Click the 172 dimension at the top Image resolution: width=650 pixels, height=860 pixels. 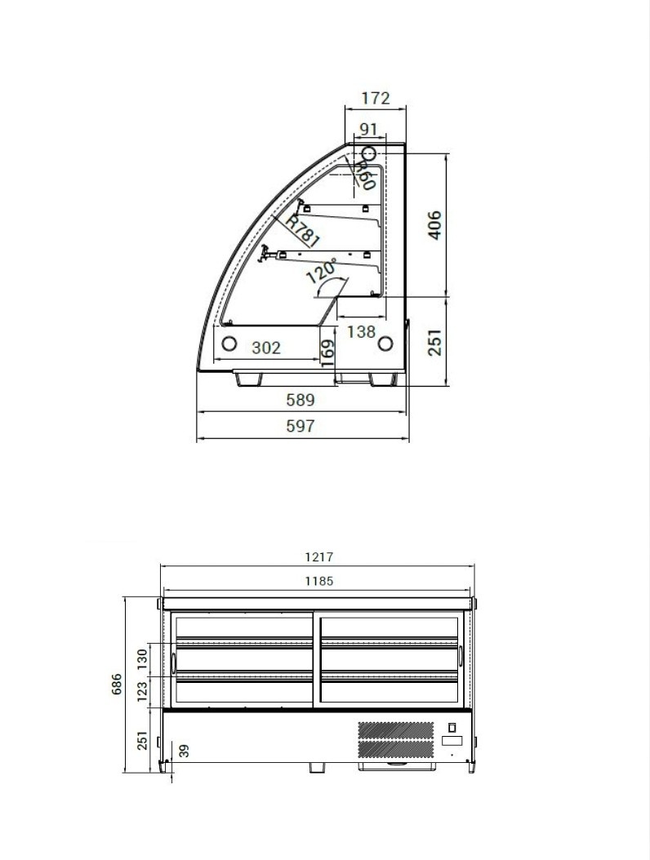376,98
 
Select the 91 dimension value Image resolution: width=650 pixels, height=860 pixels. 368,130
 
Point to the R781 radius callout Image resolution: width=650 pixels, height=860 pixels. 302,229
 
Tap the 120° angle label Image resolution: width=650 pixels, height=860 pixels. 321,270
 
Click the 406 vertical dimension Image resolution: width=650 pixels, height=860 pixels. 434,224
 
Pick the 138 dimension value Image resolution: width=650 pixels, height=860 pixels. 361,332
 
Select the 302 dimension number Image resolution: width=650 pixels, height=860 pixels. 266,348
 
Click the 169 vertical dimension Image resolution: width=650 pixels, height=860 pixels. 327,352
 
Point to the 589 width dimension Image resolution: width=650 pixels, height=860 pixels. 301,400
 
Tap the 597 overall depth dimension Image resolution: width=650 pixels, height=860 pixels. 301,426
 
